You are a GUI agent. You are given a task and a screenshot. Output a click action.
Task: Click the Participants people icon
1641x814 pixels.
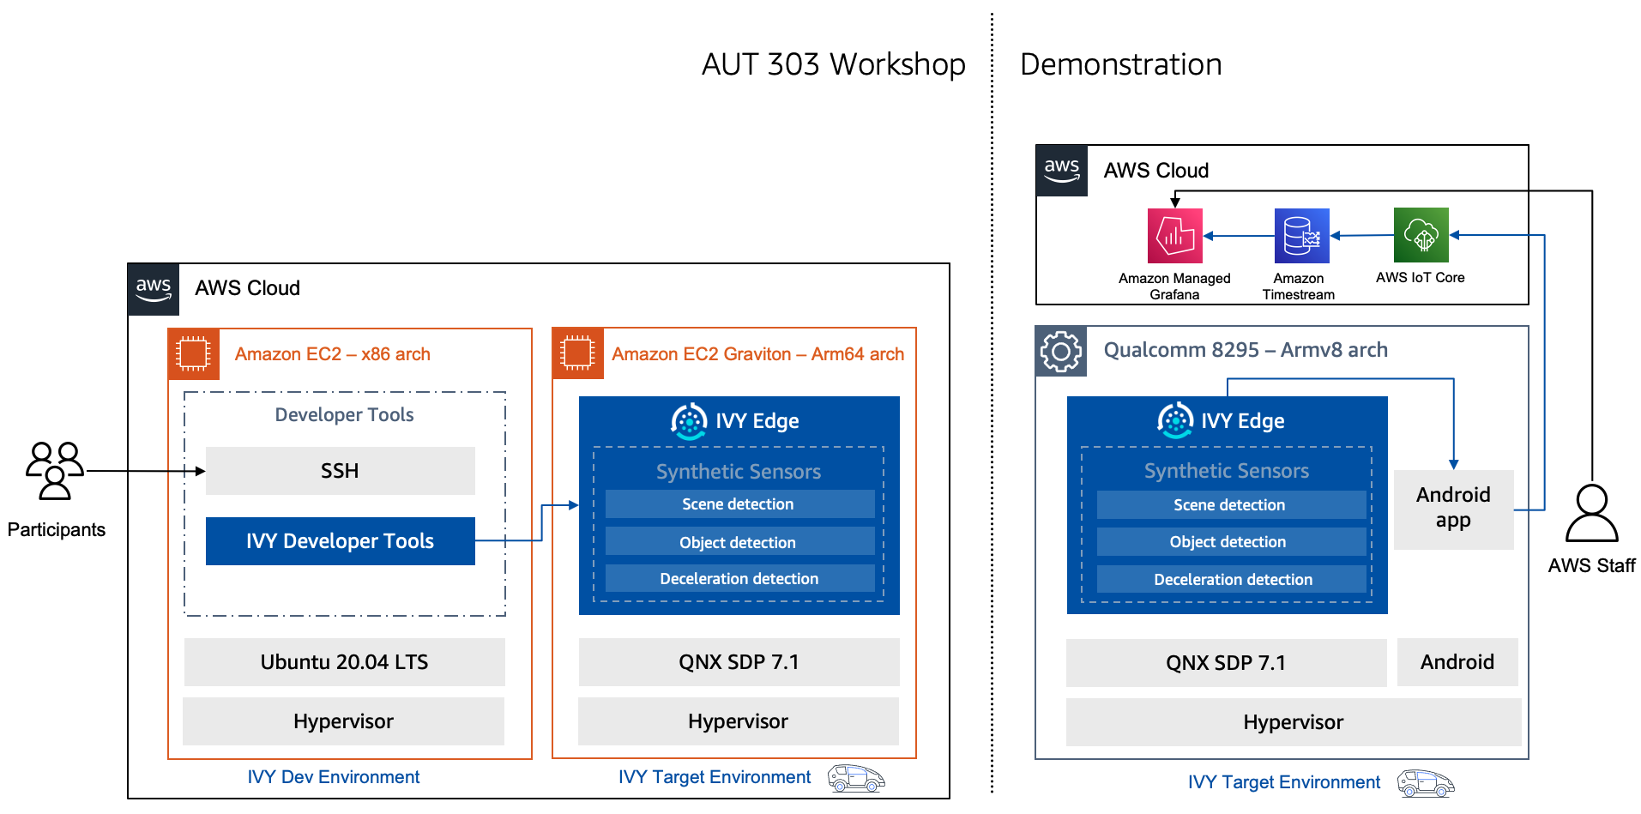point(55,470)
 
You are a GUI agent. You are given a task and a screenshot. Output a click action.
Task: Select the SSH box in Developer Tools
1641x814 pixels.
point(340,471)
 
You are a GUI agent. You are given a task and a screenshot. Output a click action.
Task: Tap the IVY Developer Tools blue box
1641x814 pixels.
point(340,541)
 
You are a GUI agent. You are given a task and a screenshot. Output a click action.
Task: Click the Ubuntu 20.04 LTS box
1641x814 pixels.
point(344,662)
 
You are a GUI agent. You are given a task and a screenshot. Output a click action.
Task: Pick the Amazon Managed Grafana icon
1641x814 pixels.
point(1174,235)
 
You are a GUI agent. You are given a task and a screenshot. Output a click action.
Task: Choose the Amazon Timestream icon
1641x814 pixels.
point(1301,235)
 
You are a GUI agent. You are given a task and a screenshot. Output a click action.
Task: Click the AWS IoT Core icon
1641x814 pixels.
point(1421,235)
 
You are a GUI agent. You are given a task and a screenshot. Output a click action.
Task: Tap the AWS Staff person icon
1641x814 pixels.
point(1591,514)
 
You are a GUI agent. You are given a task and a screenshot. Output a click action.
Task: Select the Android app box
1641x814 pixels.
point(1453,509)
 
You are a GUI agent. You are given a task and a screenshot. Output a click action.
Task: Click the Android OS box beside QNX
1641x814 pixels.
point(1457,662)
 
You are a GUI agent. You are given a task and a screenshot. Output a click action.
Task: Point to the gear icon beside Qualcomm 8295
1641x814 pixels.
point(1061,351)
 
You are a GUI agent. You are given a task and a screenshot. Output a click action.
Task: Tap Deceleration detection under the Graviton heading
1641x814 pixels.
point(739,579)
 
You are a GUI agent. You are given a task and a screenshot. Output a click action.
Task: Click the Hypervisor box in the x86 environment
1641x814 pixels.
point(343,721)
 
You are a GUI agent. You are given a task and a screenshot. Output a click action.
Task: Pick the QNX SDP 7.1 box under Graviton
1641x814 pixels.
point(739,662)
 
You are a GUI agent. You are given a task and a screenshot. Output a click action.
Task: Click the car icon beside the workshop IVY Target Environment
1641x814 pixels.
point(855,778)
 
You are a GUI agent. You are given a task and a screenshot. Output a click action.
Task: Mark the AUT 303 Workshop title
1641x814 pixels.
point(833,64)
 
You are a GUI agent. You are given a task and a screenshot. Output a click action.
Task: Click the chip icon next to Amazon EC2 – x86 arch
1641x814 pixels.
point(193,353)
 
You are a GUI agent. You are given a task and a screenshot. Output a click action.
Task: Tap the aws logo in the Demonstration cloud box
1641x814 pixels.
point(1061,170)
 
